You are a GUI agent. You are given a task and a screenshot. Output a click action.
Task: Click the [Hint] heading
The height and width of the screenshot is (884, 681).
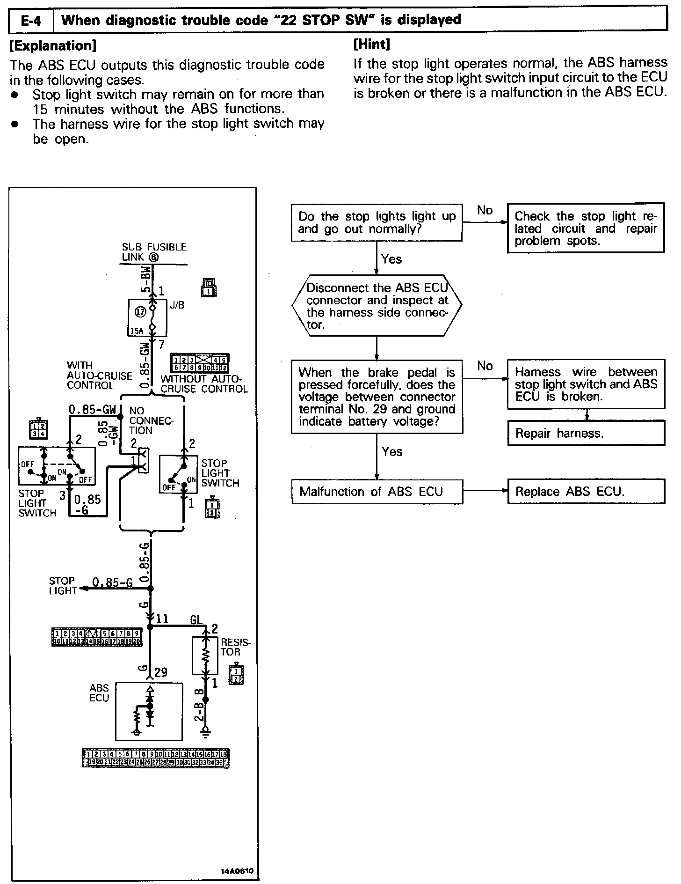tap(372, 44)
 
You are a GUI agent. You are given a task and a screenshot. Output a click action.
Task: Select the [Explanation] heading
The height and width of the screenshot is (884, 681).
tap(53, 45)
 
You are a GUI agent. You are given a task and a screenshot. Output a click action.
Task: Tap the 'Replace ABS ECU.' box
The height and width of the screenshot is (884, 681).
tap(586, 492)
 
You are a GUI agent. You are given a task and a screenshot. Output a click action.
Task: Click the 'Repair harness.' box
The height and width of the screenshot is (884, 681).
tap(586, 433)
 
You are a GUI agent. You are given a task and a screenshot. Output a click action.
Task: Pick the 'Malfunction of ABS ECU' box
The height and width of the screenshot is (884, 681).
tap(377, 492)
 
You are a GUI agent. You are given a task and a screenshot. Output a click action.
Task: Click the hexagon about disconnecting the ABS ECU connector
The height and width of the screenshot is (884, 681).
tap(377, 306)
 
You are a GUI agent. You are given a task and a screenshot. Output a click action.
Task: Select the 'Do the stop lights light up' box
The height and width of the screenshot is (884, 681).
tap(377, 222)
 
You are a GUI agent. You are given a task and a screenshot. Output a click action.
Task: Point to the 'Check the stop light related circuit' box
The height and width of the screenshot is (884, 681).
tap(586, 228)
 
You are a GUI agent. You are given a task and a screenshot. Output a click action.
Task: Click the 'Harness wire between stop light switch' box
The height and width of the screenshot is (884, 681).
tap(586, 384)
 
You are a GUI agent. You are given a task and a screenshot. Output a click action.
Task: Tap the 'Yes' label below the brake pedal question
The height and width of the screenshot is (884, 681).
tap(391, 451)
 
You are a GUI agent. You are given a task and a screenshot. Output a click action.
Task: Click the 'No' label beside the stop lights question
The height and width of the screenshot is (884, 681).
tap(485, 210)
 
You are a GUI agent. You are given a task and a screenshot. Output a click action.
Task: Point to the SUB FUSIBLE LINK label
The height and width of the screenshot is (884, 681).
tap(154, 252)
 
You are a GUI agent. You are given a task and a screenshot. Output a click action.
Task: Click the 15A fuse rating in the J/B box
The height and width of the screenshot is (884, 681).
tap(137, 331)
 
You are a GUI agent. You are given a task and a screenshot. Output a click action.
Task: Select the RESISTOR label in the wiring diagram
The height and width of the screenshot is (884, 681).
tap(235, 647)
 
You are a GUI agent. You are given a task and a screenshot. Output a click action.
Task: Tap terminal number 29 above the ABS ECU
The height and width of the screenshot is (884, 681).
tap(160, 673)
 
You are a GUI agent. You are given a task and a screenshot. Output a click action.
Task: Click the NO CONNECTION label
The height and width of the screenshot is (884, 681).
tap(151, 420)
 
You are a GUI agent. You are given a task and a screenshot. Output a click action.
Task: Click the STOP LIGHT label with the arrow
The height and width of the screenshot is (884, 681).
tap(62, 586)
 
